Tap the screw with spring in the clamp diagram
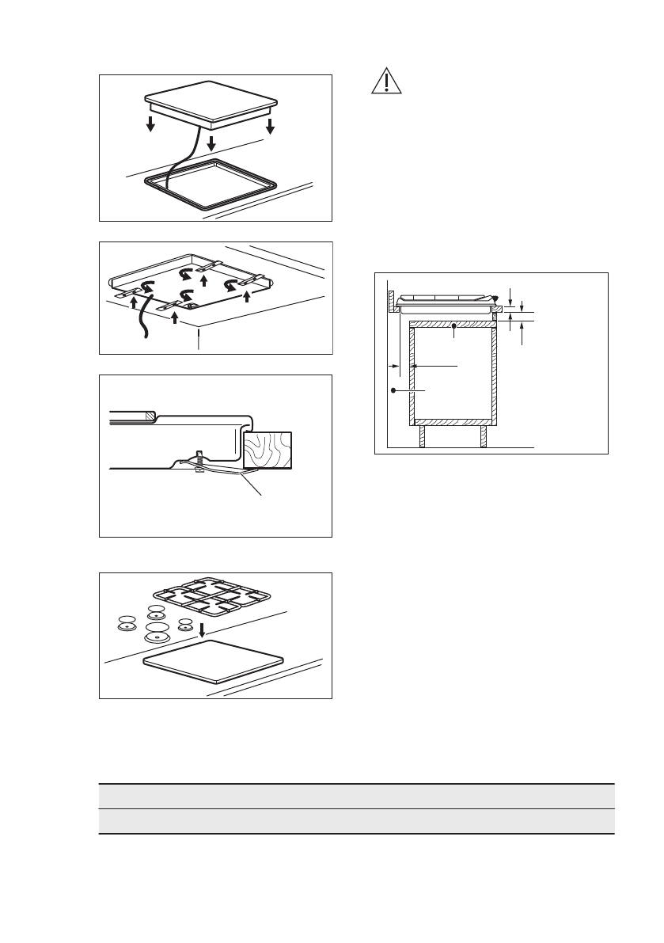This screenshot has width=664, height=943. pos(200,459)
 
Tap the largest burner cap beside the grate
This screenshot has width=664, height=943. pos(157,633)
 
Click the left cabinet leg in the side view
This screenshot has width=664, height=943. pos(422,436)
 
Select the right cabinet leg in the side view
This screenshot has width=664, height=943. pos(484,436)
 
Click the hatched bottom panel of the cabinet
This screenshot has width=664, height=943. pos(452,420)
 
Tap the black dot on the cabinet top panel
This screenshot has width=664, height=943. pos(453,325)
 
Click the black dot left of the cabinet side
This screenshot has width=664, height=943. pos(393,391)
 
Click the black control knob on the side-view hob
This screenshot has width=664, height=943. pos(495,298)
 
